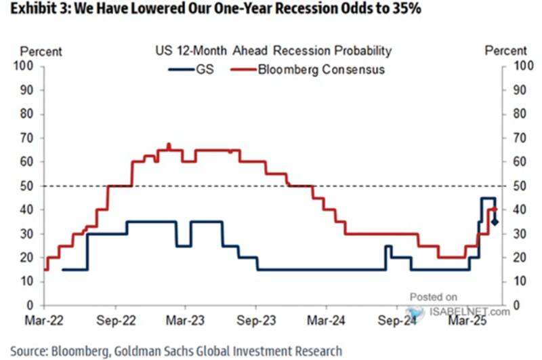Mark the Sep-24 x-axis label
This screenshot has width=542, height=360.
[395, 319]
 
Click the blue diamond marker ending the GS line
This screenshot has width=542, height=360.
[495, 222]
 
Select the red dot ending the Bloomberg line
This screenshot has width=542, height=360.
[495, 209]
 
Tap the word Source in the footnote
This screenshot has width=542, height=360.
[25, 351]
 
